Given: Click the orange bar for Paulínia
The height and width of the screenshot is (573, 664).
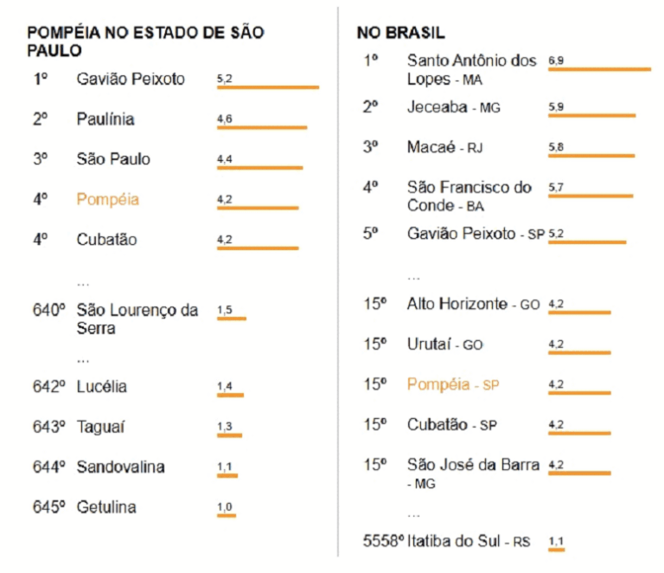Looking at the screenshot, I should pyautogui.click(x=262, y=128).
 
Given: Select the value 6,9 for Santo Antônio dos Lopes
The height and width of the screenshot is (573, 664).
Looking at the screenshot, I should pyautogui.click(x=555, y=61).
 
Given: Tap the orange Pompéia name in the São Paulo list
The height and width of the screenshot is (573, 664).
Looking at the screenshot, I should pyautogui.click(x=107, y=199).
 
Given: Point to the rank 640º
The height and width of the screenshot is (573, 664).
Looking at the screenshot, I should pyautogui.click(x=49, y=310).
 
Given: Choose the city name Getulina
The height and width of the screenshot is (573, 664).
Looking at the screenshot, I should pyautogui.click(x=106, y=506).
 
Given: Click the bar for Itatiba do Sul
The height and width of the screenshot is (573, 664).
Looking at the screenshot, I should pyautogui.click(x=556, y=549).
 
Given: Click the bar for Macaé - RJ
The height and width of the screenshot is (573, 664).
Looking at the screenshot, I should pyautogui.click(x=591, y=156).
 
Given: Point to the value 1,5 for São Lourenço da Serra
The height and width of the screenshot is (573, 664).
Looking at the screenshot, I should pyautogui.click(x=225, y=310).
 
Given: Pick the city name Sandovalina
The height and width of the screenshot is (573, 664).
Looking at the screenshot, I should pyautogui.click(x=120, y=467).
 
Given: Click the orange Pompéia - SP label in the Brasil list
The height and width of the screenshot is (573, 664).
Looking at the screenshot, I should pyautogui.click(x=453, y=384).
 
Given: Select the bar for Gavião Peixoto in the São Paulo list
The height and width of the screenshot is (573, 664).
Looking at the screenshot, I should pyautogui.click(x=268, y=87).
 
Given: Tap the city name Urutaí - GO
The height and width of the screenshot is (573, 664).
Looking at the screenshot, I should pyautogui.click(x=444, y=344).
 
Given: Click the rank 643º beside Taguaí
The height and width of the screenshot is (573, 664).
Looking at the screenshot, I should pyautogui.click(x=49, y=427).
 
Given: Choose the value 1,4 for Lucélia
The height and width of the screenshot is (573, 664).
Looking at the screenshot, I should pyautogui.click(x=225, y=386).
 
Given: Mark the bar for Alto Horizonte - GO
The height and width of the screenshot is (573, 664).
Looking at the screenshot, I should pyautogui.click(x=579, y=312).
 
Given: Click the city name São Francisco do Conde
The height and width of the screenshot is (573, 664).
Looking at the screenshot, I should pyautogui.click(x=469, y=196).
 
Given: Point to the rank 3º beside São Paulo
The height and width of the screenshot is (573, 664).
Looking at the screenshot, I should pyautogui.click(x=40, y=159).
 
